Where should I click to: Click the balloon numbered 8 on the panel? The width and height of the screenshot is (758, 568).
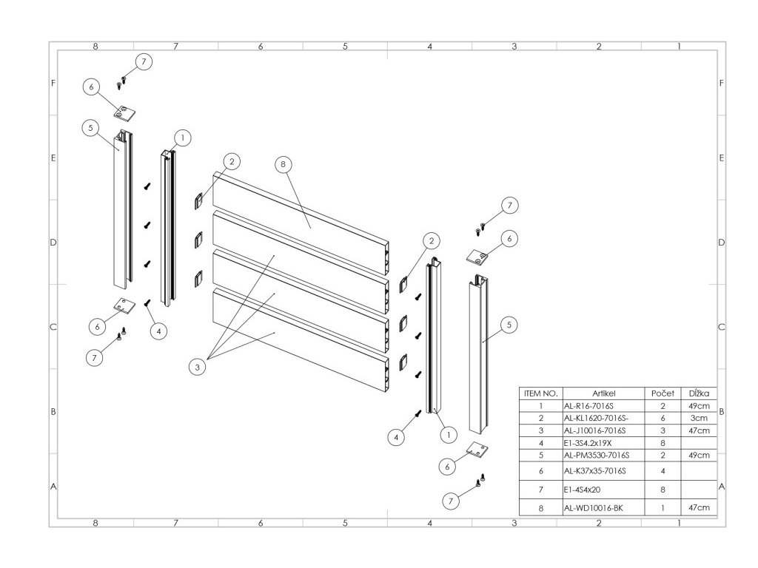pyautogui.click(x=282, y=165)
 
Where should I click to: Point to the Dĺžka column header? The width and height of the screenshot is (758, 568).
pyautogui.click(x=699, y=393)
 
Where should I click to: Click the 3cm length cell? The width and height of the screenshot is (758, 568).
pyautogui.click(x=699, y=418)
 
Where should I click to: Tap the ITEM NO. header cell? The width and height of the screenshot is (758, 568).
pyautogui.click(x=540, y=393)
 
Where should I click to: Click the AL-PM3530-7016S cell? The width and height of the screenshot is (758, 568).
pyautogui.click(x=594, y=454)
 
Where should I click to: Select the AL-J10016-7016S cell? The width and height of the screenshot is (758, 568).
pyautogui.click(x=594, y=430)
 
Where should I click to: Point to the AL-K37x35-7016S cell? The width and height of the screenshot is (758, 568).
pyautogui.click(x=594, y=470)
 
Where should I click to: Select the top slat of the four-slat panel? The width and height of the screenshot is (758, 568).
pyautogui.click(x=296, y=214)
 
